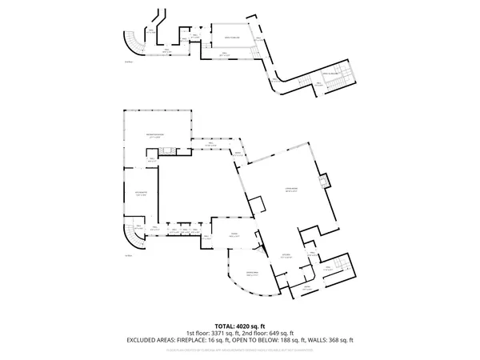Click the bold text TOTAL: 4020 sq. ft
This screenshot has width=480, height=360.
(240, 326)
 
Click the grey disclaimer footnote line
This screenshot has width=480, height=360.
(240, 349)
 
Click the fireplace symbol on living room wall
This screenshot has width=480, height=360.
(324, 182)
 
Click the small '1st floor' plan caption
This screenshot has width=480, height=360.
(129, 256)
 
